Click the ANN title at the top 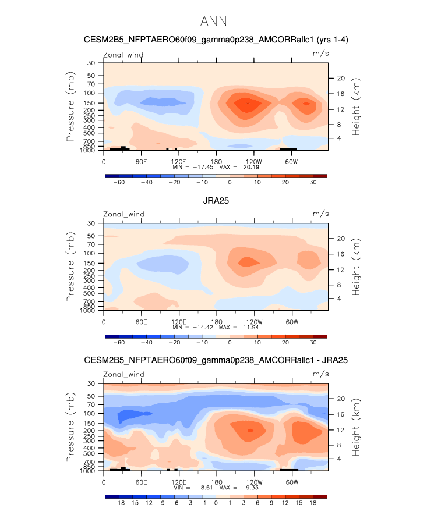point(213,22)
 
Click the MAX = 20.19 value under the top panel point(237,167)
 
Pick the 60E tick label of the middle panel point(141,322)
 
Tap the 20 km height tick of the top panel point(341,78)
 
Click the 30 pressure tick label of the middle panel point(91,223)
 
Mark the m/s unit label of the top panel point(321,55)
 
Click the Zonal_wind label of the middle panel point(123,215)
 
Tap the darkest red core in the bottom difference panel point(250,430)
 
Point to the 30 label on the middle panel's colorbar point(313,343)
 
